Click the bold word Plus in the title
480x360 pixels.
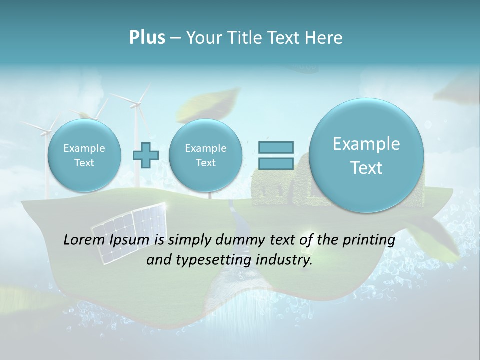click(x=147, y=38)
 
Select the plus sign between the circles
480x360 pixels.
click(x=145, y=155)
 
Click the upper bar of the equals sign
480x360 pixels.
click(x=275, y=147)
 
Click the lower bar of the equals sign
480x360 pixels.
click(x=275, y=163)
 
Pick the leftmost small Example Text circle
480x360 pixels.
click(x=84, y=155)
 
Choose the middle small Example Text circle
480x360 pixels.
click(x=205, y=155)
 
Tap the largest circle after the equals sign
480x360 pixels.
click(x=366, y=155)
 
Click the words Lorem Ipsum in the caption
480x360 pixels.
click(x=106, y=240)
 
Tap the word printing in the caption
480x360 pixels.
click(x=369, y=240)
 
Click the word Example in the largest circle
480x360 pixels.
click(x=366, y=144)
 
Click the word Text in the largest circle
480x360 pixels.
click(x=366, y=168)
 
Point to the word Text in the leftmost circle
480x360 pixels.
click(x=84, y=163)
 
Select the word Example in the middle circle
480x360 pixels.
click(x=205, y=148)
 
